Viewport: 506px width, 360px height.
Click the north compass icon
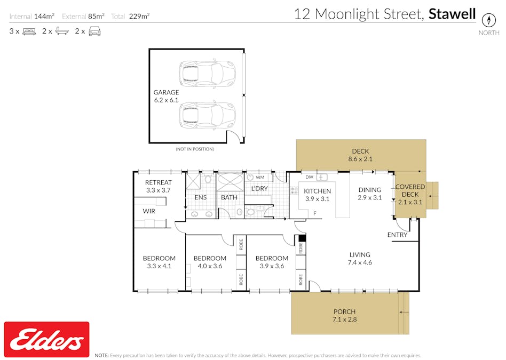pos(488,19)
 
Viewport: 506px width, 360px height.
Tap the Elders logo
pos(46,339)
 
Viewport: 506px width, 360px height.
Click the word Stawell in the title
pos(452,14)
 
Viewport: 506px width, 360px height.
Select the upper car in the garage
pos(207,73)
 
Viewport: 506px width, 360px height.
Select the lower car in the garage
pos(207,115)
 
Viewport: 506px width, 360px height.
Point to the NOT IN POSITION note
pos(195,149)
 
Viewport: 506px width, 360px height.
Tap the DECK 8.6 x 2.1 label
pos(360,155)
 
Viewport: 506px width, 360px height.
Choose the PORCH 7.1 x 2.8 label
pos(344,316)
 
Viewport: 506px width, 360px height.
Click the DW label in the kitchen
pos(309,177)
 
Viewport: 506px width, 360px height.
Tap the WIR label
pos(149,211)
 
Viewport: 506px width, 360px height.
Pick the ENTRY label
pos(397,235)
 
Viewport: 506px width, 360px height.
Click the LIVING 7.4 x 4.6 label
pos(360,258)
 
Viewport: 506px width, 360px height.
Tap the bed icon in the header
pos(29,31)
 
